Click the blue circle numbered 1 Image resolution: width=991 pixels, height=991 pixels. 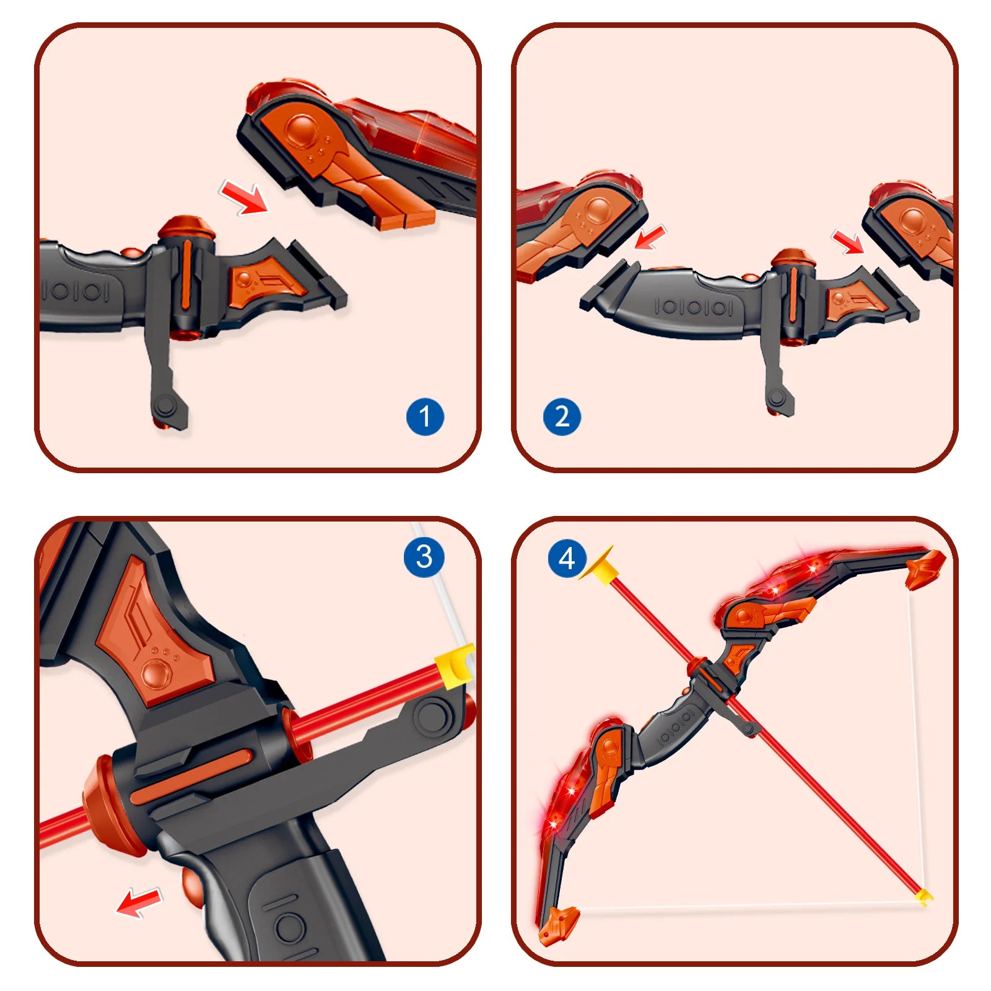point(425,417)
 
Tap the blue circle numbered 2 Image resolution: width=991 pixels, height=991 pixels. point(562,417)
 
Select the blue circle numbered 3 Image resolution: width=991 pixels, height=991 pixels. point(424,557)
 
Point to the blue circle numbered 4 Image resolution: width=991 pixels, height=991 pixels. point(567,559)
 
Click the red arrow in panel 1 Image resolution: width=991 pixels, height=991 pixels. point(245,198)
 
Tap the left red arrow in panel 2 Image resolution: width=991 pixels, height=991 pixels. point(650,238)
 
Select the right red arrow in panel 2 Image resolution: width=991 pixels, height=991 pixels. point(848,242)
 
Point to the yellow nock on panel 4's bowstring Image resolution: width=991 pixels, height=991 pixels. point(924,896)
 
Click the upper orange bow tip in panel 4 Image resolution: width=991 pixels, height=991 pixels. point(925,567)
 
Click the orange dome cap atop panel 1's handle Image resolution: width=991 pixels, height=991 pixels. point(186,227)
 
